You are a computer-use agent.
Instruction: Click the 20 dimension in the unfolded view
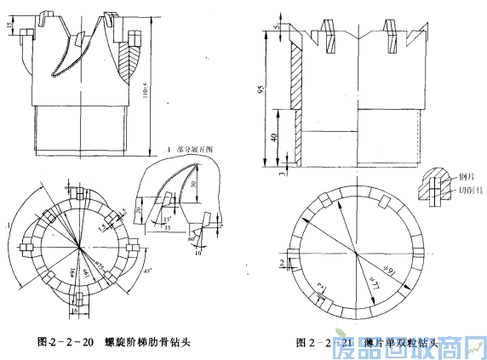[140, 211]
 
